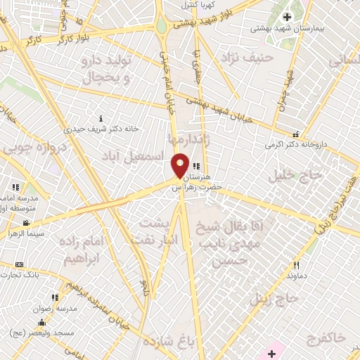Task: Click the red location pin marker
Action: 180,165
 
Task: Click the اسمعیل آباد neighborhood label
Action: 131,153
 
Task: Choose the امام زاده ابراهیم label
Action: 75,250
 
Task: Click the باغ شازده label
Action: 167,342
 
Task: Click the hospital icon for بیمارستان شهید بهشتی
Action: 287,17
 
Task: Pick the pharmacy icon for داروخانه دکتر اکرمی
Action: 296,134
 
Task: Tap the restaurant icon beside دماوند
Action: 296,265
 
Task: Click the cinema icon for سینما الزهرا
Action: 26,223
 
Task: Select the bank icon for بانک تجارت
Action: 19,264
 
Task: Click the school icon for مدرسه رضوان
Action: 55,298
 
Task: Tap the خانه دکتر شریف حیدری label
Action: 102,129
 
